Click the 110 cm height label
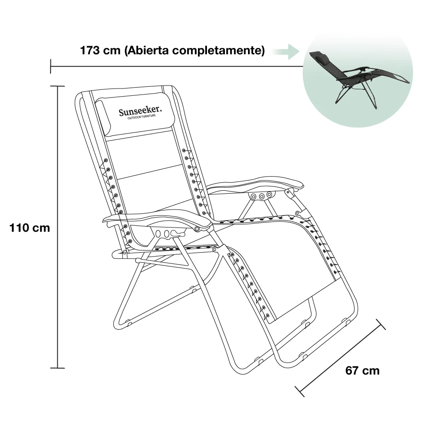click(30, 228)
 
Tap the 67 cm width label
click(362, 371)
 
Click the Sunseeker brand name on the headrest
click(140, 111)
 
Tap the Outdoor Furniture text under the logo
click(142, 117)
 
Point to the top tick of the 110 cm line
click(57, 86)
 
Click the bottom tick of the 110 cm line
click(57, 368)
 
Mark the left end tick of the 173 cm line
click(50, 66)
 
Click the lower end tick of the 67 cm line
click(300, 391)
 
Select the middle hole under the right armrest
click(262, 196)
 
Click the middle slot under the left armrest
click(166, 233)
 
